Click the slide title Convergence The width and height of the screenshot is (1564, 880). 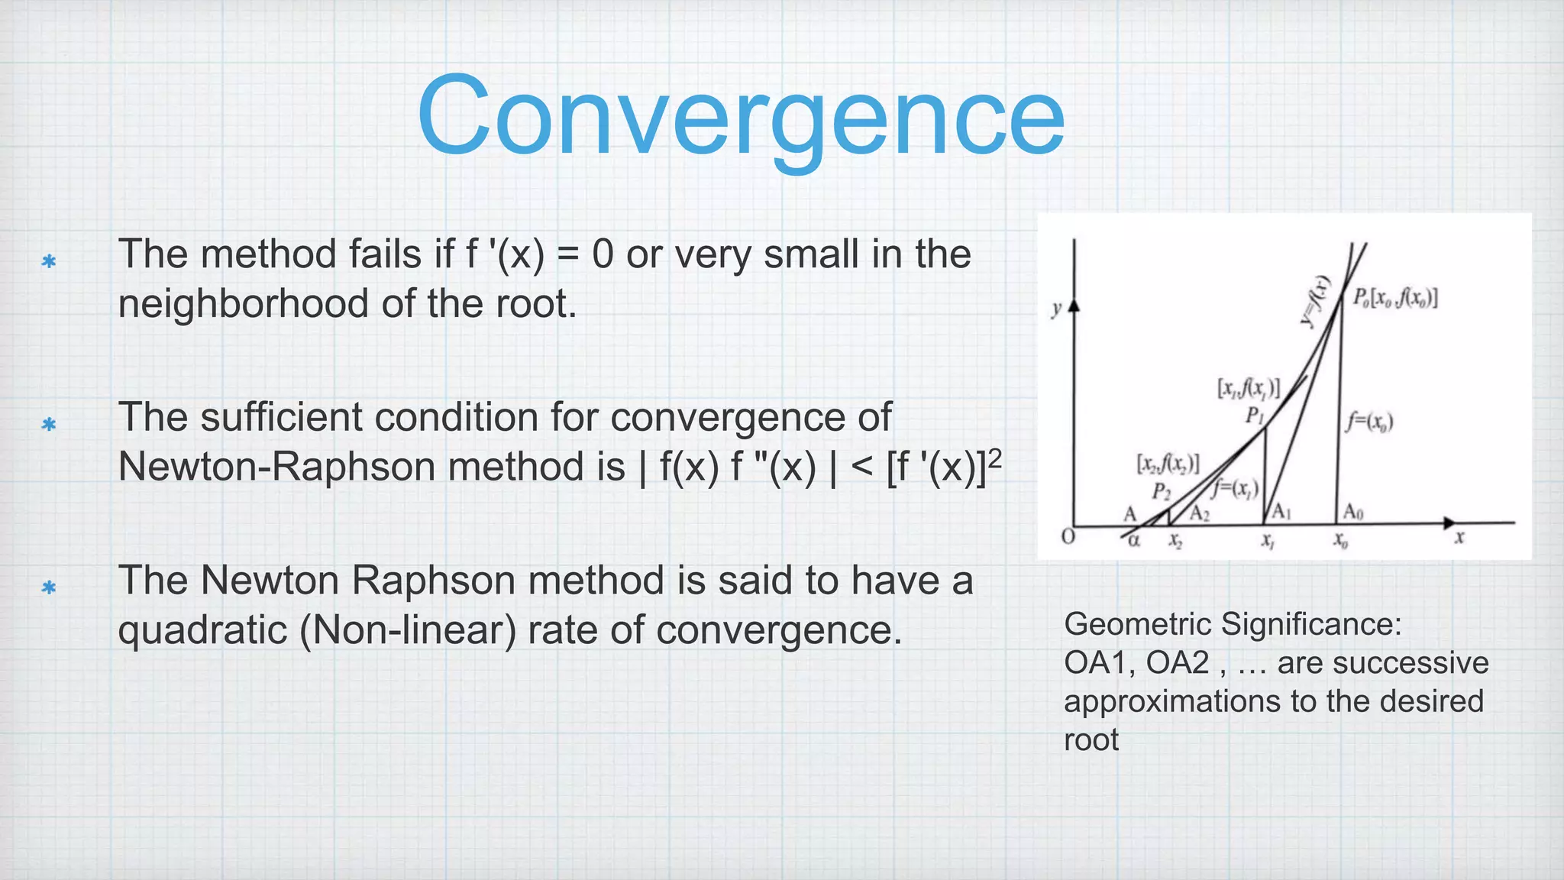click(740, 116)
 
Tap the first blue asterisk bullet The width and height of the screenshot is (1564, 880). click(49, 262)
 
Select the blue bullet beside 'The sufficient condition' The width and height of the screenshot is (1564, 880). click(49, 424)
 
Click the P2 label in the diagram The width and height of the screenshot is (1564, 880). click(1161, 491)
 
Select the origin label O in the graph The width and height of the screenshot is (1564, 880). click(1068, 537)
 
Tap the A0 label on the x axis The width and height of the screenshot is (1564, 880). click(1352, 511)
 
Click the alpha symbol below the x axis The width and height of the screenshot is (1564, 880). click(1134, 541)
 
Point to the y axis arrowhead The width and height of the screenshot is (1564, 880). click(1074, 305)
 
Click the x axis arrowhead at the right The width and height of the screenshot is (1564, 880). click(1449, 523)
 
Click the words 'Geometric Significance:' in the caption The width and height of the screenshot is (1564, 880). click(1233, 624)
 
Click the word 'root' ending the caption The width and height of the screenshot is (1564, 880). click(1091, 740)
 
